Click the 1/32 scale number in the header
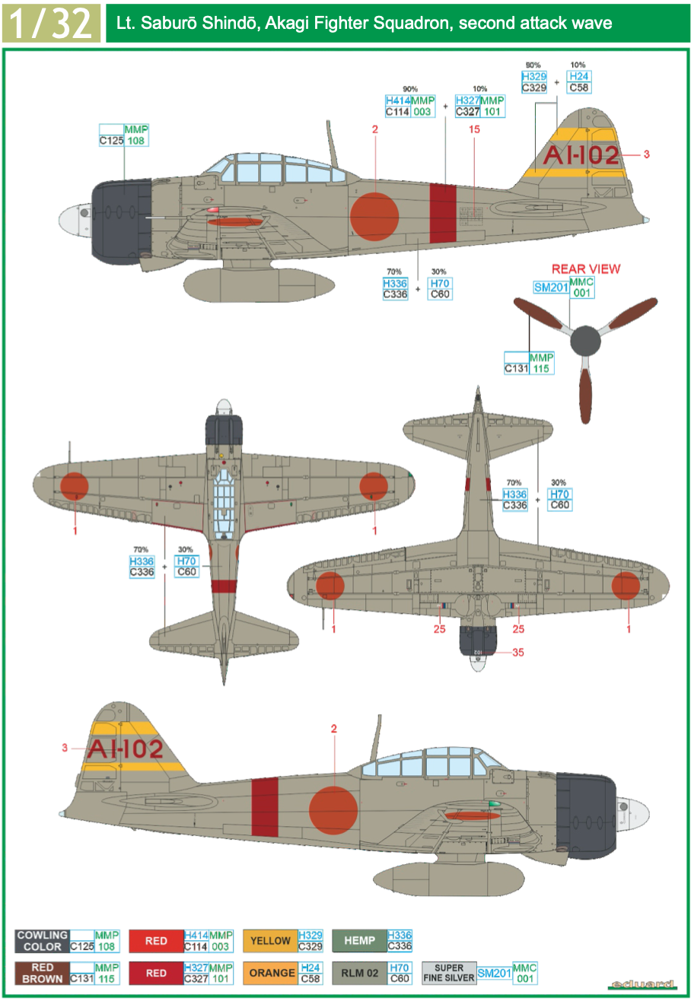51,22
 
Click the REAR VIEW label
585,269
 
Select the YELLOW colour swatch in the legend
270,941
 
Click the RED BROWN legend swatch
42,973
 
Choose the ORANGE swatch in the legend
270,973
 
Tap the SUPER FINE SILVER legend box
449,973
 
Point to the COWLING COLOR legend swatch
42,941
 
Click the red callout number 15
475,129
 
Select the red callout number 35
518,652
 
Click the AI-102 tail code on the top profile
581,155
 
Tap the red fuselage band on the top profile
442,213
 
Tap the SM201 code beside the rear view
551,288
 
